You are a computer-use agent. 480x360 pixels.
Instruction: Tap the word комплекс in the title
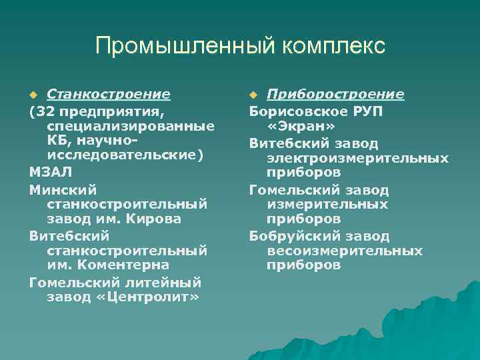tap(333, 46)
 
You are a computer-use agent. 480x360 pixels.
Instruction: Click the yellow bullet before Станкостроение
tap(33, 95)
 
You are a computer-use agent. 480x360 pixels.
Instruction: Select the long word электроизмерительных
tap(357, 158)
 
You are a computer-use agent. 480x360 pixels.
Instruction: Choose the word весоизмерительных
tap(345, 251)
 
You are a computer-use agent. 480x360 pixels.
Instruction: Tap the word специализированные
tap(131, 126)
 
